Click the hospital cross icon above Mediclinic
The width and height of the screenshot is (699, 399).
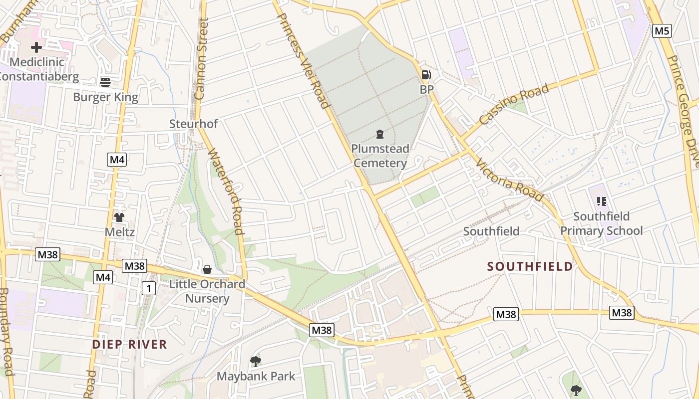[x=36, y=48]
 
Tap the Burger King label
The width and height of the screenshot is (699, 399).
[x=105, y=97]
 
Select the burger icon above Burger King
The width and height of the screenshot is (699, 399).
[x=105, y=82]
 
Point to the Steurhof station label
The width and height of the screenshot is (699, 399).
[x=193, y=124]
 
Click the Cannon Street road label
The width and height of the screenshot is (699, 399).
[x=202, y=59]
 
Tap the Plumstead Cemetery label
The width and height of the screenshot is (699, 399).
[x=380, y=156]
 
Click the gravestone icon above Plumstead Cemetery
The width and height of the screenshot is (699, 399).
[x=380, y=134]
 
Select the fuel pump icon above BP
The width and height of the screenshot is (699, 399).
[x=426, y=75]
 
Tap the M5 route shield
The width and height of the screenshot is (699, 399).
[x=662, y=31]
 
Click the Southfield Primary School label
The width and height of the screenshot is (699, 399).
[x=601, y=223]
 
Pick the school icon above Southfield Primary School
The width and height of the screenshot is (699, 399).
[x=602, y=201]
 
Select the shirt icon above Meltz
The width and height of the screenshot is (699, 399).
[x=119, y=217]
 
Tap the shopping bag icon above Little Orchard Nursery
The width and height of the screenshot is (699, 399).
[x=207, y=269]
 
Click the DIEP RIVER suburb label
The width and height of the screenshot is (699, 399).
[x=129, y=344]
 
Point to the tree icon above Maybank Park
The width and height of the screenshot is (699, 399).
[x=256, y=361]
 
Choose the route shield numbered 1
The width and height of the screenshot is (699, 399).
[x=148, y=288]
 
